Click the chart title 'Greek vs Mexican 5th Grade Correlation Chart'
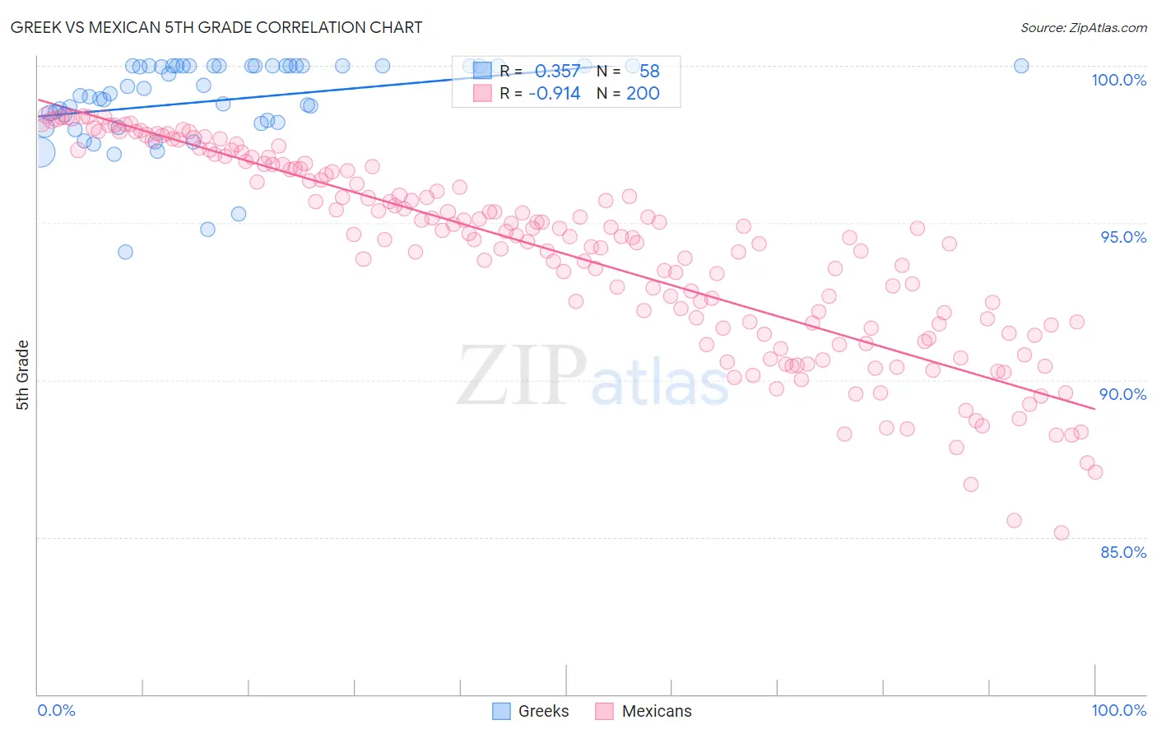(x=216, y=27)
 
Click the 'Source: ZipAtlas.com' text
(x=1083, y=27)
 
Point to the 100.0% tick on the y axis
(x=1118, y=80)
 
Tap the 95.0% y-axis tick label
(x=1122, y=237)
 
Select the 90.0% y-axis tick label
(x=1122, y=394)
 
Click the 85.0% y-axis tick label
(x=1122, y=552)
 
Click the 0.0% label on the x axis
(x=56, y=710)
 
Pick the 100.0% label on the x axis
(x=1118, y=710)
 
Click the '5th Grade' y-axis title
(x=22, y=375)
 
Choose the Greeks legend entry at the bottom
(x=531, y=711)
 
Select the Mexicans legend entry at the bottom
(x=644, y=711)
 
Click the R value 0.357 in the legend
(x=557, y=71)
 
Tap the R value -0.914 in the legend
(x=554, y=93)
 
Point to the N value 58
(x=649, y=71)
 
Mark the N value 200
(x=643, y=93)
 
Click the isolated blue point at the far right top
(x=1020, y=66)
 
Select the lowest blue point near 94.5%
(x=125, y=252)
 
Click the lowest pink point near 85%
(x=1061, y=532)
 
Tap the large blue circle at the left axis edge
(x=39, y=152)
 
